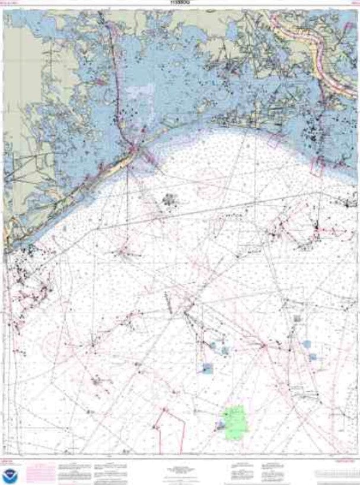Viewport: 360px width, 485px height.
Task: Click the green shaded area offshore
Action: click(235, 418)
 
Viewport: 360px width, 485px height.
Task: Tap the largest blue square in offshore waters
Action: click(208, 368)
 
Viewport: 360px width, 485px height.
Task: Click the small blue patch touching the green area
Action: click(220, 424)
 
